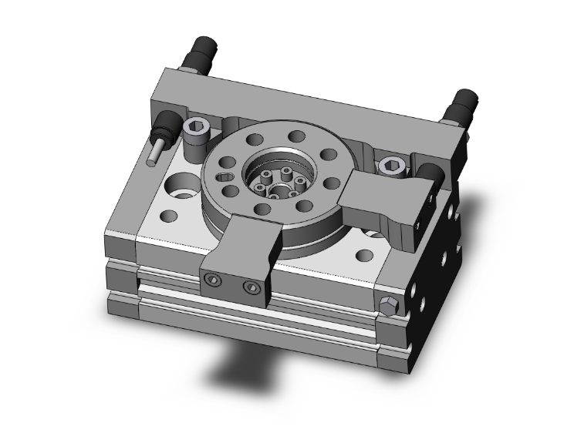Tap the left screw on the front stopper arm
(214, 280)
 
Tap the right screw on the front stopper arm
(248, 288)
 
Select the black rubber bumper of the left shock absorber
(166, 123)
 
